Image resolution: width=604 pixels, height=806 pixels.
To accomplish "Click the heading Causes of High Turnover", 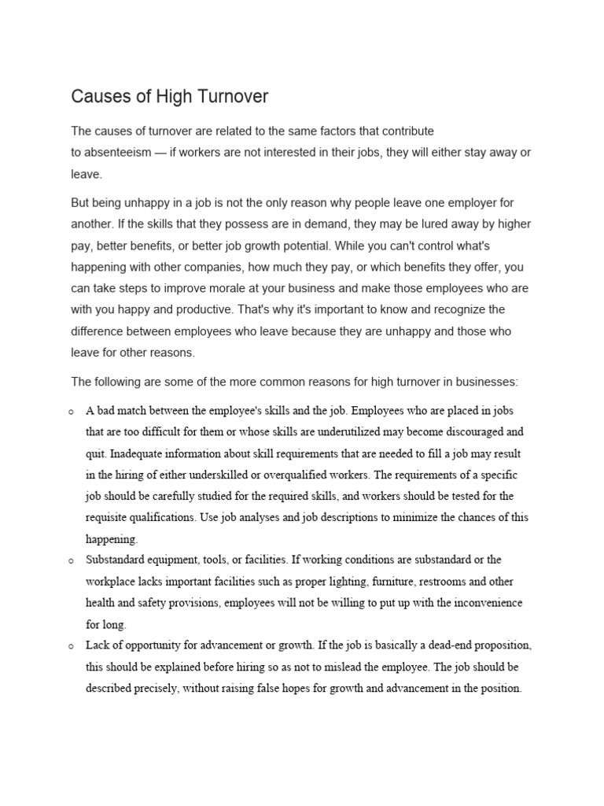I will [x=170, y=97].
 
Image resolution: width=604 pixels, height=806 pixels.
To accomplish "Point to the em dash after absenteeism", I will [x=161, y=152].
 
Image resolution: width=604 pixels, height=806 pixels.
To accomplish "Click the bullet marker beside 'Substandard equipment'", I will [x=72, y=561].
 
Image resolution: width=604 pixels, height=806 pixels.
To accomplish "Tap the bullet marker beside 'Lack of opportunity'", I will [x=72, y=646].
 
